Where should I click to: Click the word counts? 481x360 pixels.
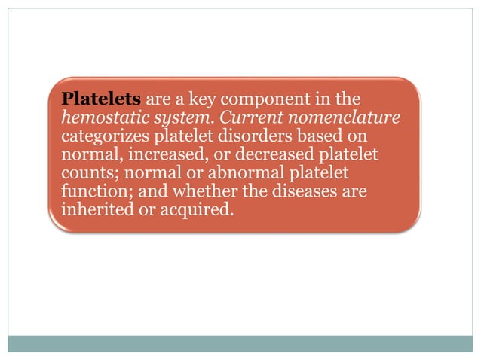[86, 174]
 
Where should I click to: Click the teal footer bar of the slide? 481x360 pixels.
[240, 343]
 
